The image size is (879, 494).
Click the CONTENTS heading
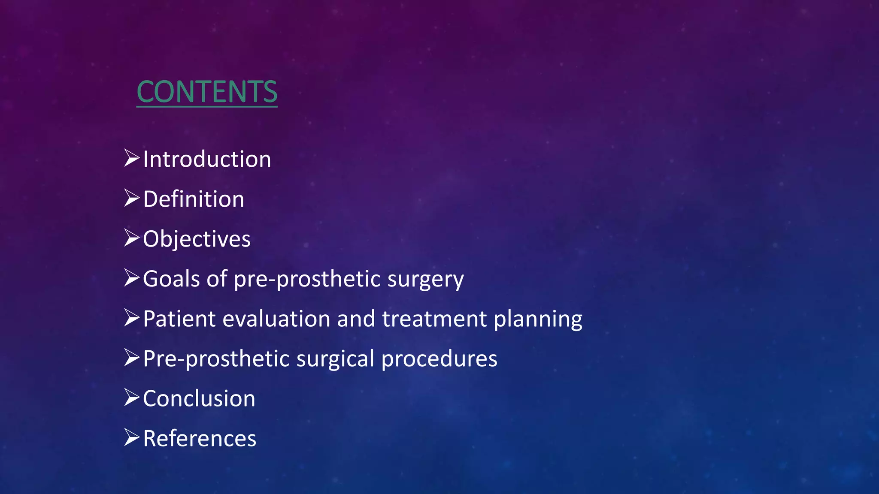tap(207, 92)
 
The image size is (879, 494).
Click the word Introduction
tap(207, 159)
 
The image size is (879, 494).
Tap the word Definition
tap(194, 199)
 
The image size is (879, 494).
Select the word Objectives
tap(197, 239)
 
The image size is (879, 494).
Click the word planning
tap(538, 319)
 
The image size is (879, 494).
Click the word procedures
tap(439, 359)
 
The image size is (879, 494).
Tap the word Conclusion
tap(199, 398)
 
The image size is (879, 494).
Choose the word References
tap(200, 438)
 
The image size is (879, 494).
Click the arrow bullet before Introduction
tap(132, 158)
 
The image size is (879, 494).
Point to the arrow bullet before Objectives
tap(132, 238)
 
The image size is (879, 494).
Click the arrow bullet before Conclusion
tap(132, 398)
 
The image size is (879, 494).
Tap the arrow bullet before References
tap(132, 437)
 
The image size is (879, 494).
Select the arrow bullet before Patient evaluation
tap(132, 318)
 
